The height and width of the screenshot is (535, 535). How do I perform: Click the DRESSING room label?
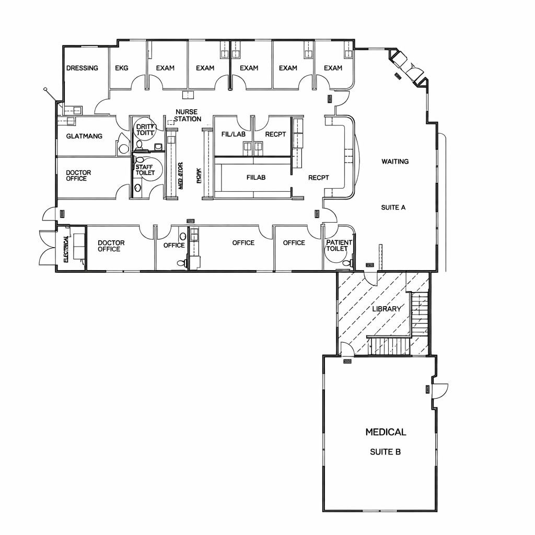point(82,68)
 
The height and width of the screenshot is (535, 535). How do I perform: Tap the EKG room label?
point(122,68)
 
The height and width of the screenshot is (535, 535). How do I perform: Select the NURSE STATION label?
point(187,115)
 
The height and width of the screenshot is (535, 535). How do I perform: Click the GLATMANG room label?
point(84,136)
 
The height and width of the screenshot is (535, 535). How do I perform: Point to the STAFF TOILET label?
point(145,170)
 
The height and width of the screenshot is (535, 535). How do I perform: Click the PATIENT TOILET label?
point(339,246)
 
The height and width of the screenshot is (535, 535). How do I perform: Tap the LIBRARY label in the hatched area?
point(387,309)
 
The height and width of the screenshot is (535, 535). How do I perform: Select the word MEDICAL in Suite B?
point(386,432)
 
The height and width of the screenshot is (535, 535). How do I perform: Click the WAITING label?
point(395,161)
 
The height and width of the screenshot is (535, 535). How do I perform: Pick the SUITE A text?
point(393,207)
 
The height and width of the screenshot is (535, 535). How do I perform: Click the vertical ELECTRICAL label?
point(66,249)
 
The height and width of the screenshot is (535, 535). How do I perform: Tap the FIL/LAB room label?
point(233,134)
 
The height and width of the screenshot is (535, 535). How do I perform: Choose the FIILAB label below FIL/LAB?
point(256,178)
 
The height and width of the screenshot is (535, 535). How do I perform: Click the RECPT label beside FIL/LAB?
point(275,134)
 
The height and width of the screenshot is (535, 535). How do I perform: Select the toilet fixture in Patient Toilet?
point(351,262)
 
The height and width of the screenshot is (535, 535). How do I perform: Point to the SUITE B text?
point(385,452)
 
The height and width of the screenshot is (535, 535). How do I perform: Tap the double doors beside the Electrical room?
point(47,248)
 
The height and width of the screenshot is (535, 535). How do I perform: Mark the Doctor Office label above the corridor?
point(78,176)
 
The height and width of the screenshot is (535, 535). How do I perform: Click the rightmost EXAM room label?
point(333,68)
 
